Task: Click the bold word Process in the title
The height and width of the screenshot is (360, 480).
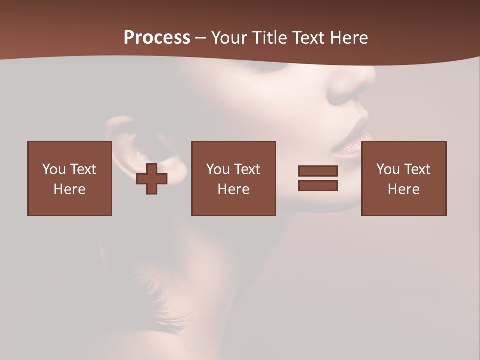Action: coord(157,38)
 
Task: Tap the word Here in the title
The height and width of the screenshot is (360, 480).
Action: coord(348,38)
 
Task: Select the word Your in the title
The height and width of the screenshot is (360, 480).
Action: coord(229,38)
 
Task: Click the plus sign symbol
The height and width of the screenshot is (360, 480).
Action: coord(152,179)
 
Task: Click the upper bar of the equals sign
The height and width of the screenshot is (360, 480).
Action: coord(318,171)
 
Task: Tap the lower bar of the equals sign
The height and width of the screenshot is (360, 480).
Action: coord(318,186)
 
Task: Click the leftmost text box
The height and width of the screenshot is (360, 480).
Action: coord(70,178)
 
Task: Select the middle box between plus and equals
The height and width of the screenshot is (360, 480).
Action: coord(233,178)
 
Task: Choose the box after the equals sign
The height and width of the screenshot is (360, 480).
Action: coord(404,178)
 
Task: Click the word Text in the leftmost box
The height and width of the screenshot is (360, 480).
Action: coord(83,169)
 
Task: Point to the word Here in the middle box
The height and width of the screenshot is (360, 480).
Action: coord(233,189)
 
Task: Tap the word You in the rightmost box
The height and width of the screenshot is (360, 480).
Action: coord(388,169)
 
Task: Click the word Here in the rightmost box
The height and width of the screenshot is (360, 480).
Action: coord(404,189)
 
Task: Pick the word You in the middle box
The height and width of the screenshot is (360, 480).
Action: coord(218,169)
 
